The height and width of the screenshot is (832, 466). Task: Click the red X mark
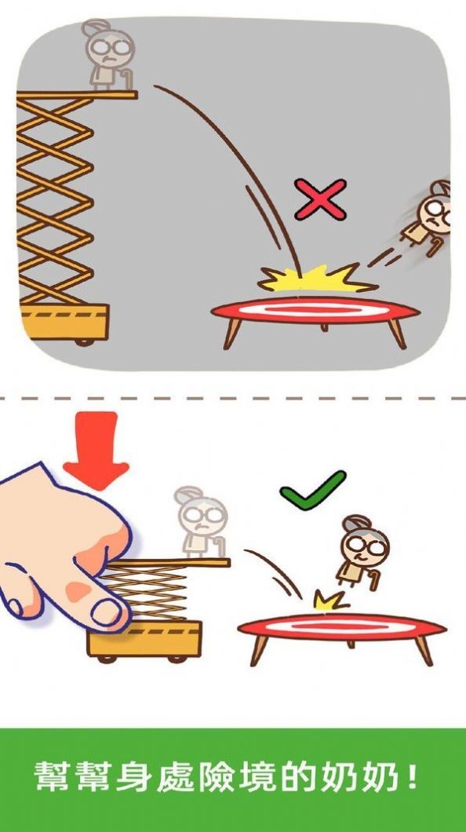321,199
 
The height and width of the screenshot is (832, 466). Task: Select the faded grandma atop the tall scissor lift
109,55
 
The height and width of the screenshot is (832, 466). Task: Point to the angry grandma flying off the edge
428,217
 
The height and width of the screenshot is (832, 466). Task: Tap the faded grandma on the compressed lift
202,522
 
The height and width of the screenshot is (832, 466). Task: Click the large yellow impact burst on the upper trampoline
317,279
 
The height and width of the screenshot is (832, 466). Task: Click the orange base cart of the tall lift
64,323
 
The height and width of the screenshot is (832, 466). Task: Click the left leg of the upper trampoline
231,334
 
